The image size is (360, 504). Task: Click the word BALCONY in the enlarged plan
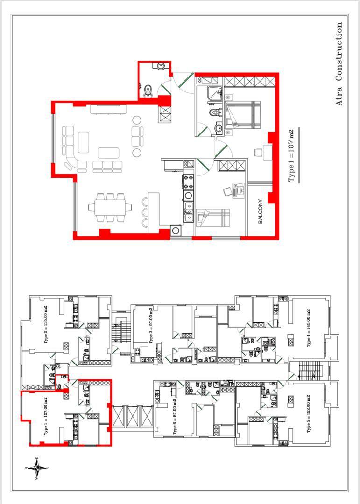pos(261,211)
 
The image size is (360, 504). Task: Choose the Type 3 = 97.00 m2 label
pos(152,326)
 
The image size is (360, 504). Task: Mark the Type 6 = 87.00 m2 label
pos(175,417)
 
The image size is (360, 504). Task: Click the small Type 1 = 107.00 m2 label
pos(45,417)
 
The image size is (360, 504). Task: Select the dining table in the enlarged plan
pos(110,208)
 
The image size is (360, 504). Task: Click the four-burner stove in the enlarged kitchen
pos(188,182)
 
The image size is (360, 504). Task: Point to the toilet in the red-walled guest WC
pos(148,91)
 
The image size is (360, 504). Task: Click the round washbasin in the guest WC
pos(161,66)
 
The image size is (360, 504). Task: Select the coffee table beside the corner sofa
pos(84,142)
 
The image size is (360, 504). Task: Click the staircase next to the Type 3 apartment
pos(122,330)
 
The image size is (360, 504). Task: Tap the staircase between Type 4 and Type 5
pos(309,370)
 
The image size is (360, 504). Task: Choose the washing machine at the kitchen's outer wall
pos(176,230)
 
